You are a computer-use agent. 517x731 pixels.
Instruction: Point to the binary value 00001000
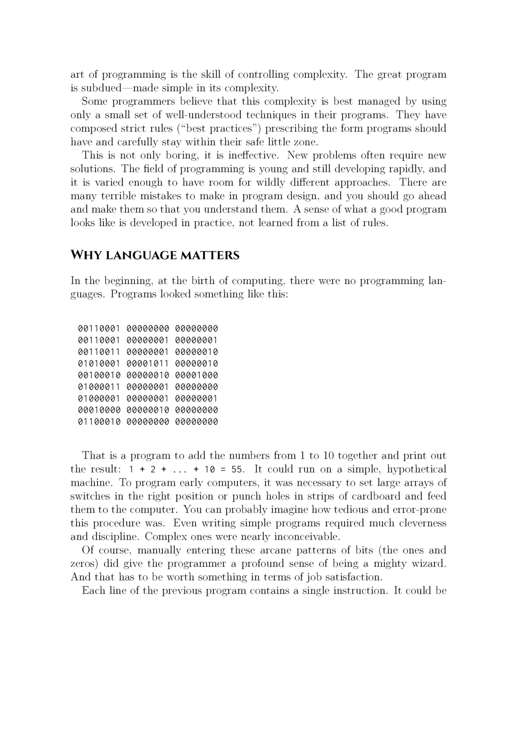(x=196, y=375)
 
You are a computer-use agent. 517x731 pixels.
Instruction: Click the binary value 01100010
(x=99, y=422)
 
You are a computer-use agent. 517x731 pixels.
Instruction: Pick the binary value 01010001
(x=99, y=364)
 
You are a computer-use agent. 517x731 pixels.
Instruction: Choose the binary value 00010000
(x=99, y=410)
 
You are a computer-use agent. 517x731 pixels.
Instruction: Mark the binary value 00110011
(x=99, y=352)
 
